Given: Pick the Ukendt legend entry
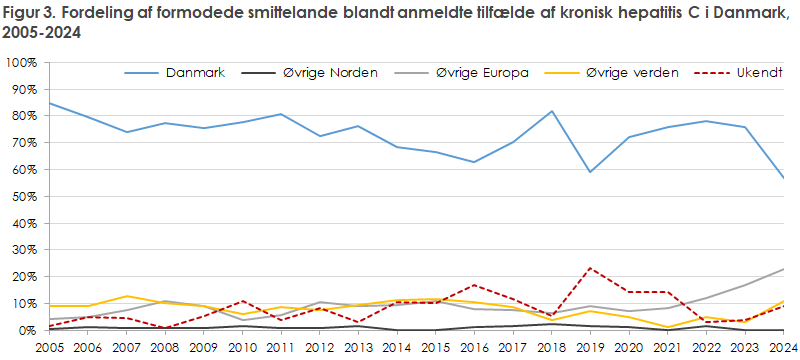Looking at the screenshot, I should coord(753,74).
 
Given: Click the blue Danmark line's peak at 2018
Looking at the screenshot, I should coord(552,111).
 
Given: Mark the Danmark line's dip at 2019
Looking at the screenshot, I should coord(591,172).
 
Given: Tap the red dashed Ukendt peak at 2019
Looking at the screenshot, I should coord(591,268).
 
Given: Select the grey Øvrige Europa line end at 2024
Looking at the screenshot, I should coord(783,269).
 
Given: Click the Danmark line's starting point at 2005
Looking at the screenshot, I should coord(50,103).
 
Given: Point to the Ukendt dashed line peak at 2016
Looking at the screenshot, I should coord(475,285).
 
